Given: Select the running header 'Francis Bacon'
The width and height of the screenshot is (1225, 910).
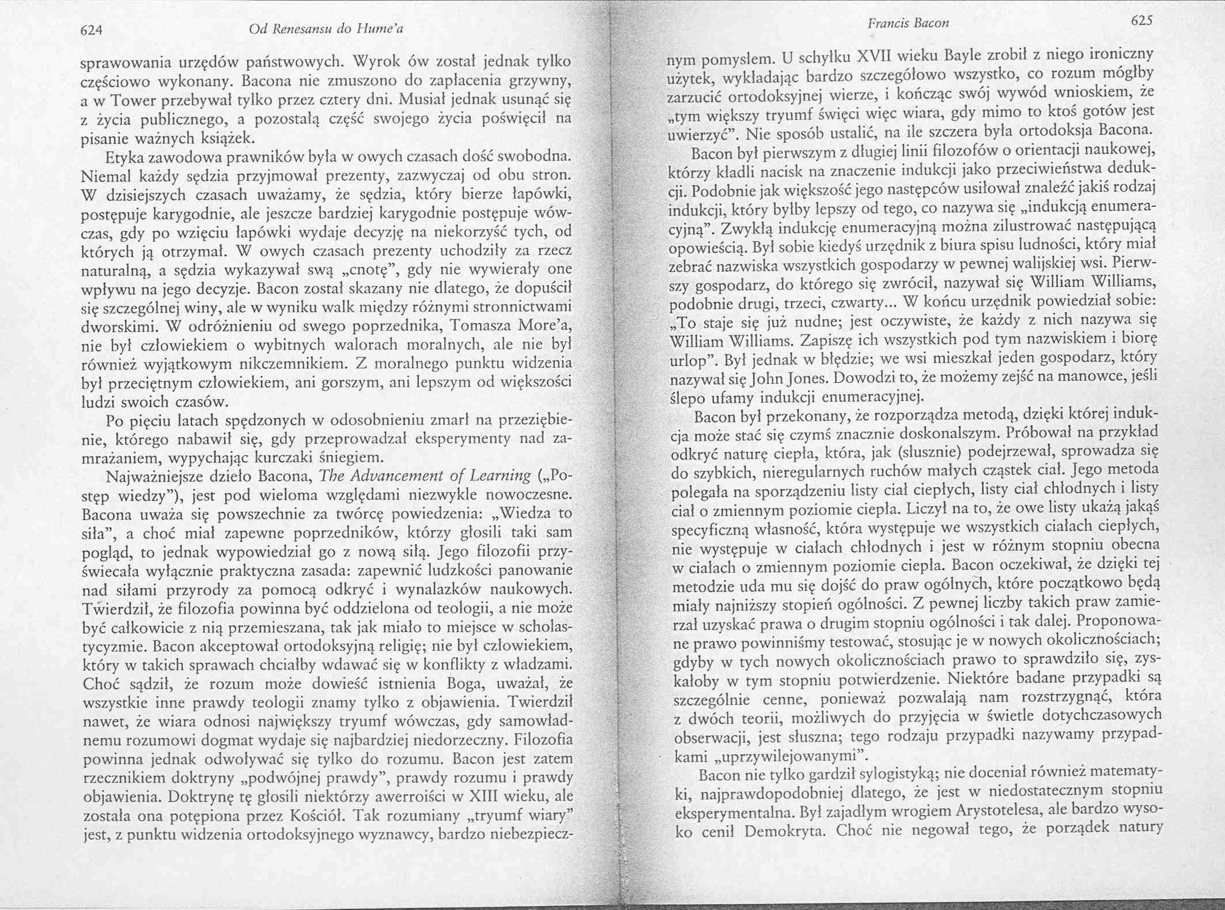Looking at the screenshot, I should (x=908, y=23).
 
